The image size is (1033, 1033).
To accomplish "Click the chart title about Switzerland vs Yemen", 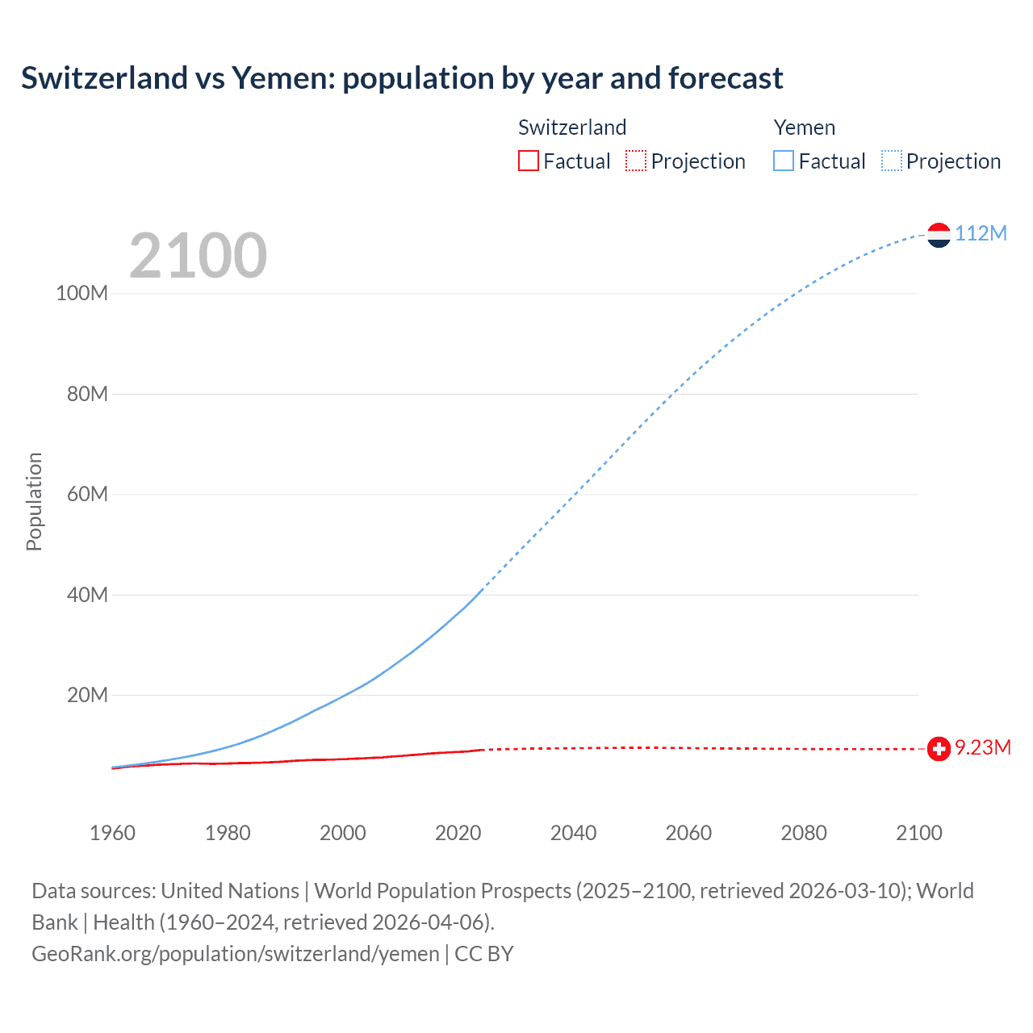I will point(402,78).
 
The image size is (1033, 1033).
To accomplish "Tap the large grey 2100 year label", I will point(198,256).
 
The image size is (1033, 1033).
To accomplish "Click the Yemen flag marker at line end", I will point(939,235).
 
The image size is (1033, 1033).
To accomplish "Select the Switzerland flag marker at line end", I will point(939,749).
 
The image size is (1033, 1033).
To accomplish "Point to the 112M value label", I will point(981,233).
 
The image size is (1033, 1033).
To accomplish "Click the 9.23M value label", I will point(983,747).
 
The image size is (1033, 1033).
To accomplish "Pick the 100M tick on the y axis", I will point(82,293).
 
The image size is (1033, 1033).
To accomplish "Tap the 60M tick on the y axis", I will point(86,494).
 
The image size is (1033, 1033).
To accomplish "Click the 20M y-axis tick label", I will point(86,695).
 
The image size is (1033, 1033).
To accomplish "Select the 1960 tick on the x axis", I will point(112,833).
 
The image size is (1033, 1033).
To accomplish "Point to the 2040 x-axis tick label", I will point(573,833).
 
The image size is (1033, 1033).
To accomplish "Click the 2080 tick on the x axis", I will point(804,833).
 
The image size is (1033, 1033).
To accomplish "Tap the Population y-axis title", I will point(34,501).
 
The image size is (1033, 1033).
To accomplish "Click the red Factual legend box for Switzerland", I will point(529,161).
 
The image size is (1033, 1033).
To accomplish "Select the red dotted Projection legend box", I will point(636,161).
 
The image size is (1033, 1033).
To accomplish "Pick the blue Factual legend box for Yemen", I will point(784,161).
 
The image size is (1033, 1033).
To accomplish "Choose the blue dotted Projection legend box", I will point(892,161).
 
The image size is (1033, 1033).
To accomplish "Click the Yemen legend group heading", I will point(804,128).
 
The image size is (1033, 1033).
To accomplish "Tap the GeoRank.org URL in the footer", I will point(236,954).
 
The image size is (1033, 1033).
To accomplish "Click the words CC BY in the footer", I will point(484,954).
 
